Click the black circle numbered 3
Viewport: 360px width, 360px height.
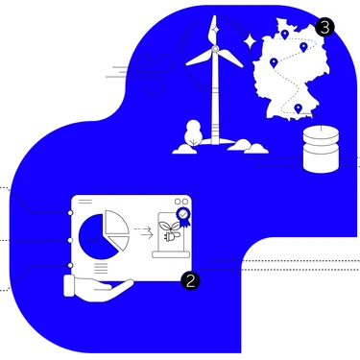coord(324,28)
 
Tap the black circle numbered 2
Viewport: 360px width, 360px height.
coord(190,281)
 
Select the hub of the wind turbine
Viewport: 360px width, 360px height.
coord(215,48)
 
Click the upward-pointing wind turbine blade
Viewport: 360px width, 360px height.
coord(213,31)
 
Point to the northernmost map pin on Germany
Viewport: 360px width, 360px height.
coord(284,35)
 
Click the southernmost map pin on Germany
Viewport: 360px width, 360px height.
coord(299,108)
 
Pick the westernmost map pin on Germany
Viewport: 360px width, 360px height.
coord(274,62)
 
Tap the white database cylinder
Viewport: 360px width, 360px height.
coord(321,150)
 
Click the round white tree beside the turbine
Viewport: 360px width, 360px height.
coord(193,133)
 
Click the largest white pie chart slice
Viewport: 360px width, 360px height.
coord(115,223)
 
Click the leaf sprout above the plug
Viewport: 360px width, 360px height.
coord(169,226)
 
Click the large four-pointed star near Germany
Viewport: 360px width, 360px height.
coord(250,40)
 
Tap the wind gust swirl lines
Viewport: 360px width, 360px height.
coord(141,73)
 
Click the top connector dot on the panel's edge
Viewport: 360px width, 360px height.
coord(70,213)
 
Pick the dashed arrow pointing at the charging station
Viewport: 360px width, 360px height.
coord(143,232)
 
